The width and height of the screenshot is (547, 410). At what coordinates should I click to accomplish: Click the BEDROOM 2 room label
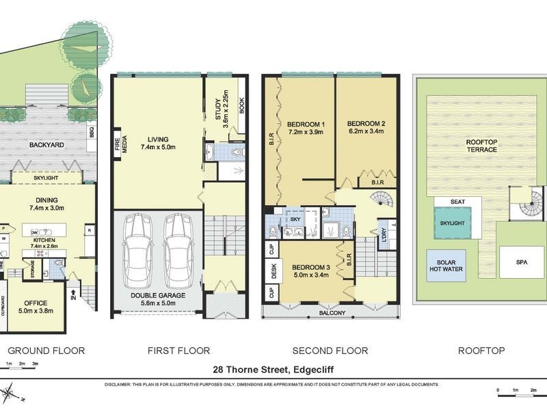click(x=366, y=124)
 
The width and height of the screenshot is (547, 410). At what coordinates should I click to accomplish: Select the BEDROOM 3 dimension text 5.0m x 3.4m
click(x=311, y=275)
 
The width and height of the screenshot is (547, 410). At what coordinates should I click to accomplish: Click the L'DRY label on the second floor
click(x=382, y=232)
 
